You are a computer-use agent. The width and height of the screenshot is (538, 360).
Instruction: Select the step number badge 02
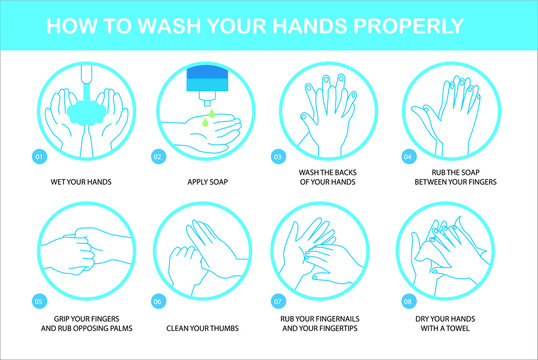157,157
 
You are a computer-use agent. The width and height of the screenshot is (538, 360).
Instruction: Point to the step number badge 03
278,157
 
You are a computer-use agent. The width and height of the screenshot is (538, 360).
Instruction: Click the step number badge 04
407,157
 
